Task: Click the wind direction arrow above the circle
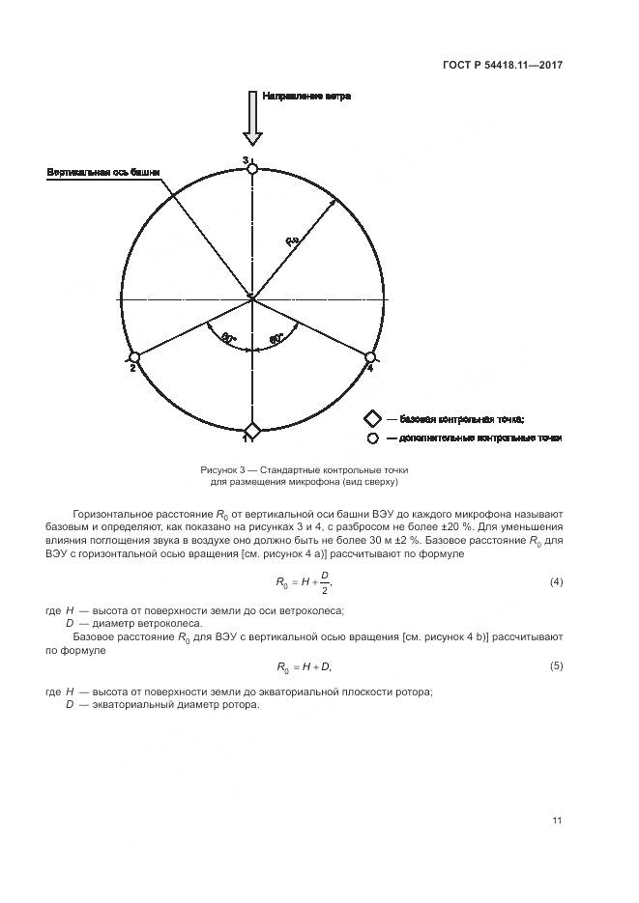click(252, 119)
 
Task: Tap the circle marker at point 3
click(252, 168)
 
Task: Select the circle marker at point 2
click(134, 357)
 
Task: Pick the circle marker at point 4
click(369, 357)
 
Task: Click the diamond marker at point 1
click(252, 431)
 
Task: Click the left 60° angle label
click(228, 338)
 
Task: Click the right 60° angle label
click(276, 339)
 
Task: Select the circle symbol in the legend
click(371, 438)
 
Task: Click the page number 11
click(557, 821)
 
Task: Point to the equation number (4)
click(556, 582)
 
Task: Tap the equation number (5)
click(556, 666)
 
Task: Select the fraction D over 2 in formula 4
click(325, 582)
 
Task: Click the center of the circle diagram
click(251, 298)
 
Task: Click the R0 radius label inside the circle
click(293, 240)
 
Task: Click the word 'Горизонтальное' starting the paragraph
click(112, 514)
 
